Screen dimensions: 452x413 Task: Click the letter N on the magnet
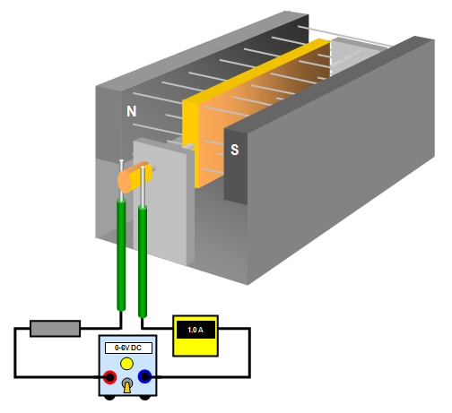(x=132, y=111)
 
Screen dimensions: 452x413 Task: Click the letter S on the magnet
(x=235, y=150)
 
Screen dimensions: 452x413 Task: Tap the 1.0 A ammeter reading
(x=196, y=330)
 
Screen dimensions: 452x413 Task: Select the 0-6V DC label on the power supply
(x=128, y=348)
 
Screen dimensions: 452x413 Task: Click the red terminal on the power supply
(x=109, y=377)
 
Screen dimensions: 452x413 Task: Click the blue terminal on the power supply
(x=145, y=376)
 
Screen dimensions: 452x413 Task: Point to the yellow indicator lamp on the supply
(x=126, y=364)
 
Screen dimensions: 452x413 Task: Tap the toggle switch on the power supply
(x=127, y=385)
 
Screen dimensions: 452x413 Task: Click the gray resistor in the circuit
(x=56, y=329)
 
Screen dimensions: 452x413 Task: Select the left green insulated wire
(x=121, y=254)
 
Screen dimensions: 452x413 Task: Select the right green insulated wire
(x=143, y=262)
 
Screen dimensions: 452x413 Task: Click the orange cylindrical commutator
(x=135, y=177)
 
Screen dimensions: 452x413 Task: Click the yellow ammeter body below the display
(x=196, y=347)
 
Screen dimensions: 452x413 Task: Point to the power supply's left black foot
(x=109, y=398)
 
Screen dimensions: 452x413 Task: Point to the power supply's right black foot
(x=145, y=398)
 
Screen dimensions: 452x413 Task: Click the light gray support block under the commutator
(x=161, y=204)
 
